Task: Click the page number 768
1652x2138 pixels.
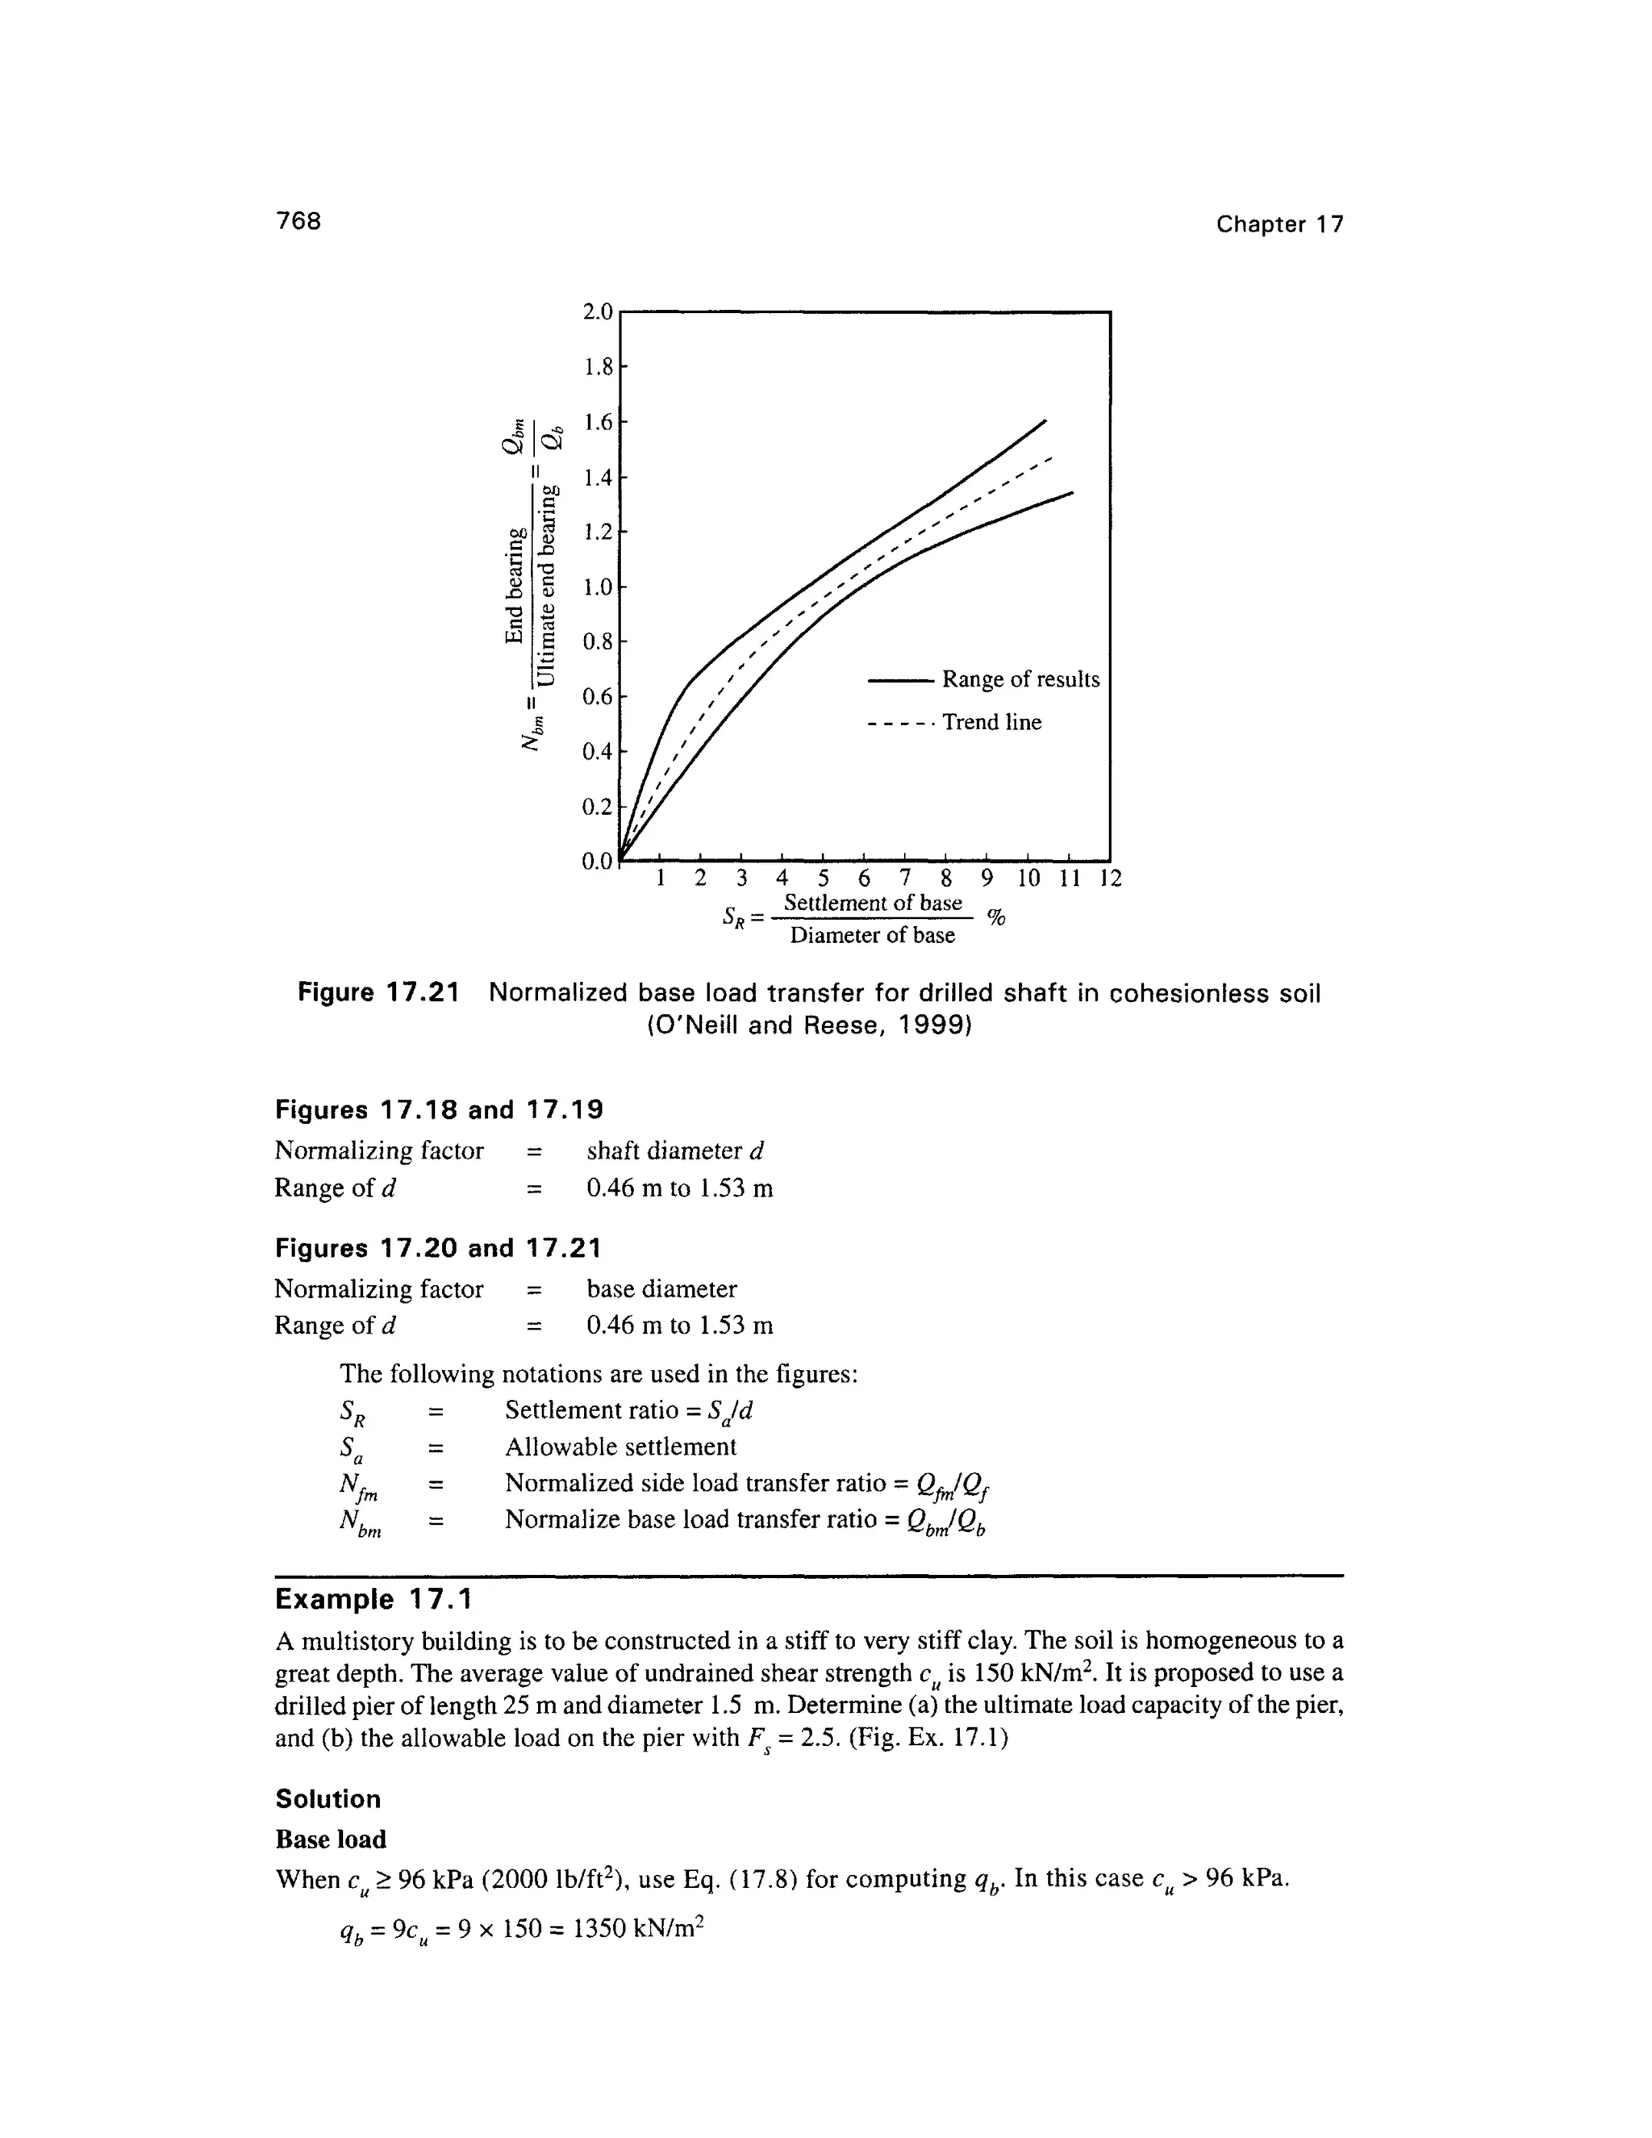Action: pos(298,221)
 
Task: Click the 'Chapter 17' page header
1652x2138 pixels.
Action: pos(1279,224)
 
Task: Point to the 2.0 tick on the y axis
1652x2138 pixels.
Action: pos(596,312)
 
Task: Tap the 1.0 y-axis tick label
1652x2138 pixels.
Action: pos(596,587)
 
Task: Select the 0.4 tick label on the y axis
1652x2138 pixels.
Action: pos(596,752)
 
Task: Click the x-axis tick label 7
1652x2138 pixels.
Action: pos(905,877)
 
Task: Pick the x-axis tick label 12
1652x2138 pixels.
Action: pos(1110,877)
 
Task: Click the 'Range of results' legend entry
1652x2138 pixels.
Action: pos(1020,679)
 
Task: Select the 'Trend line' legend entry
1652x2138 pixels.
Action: pos(991,722)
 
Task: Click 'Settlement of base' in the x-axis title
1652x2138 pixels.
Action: pos(873,903)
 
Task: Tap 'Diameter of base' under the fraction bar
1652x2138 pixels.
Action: pos(872,936)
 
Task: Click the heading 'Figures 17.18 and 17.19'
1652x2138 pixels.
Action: pos(439,1110)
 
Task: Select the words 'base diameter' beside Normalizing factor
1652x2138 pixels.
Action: pos(661,1288)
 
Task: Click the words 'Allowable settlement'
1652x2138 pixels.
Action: pos(620,1447)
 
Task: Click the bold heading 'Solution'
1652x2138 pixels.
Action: pos(327,1799)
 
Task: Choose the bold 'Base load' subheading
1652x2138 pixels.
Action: pos(331,1839)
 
